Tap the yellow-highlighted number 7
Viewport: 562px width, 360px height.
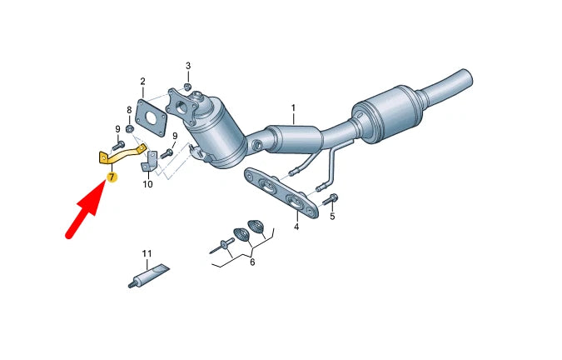(x=112, y=177)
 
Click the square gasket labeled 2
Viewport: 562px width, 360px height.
(x=151, y=115)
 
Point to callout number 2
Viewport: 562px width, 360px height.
(x=142, y=82)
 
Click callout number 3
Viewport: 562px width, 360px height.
(x=187, y=66)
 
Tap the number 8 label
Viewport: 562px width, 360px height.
(x=129, y=110)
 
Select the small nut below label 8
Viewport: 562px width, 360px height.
(x=131, y=128)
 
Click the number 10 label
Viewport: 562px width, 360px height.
(x=147, y=184)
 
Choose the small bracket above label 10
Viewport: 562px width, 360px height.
(x=149, y=162)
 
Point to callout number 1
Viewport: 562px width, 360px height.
(x=293, y=108)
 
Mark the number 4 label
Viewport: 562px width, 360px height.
(x=296, y=227)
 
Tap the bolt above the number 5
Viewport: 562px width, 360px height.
(x=331, y=199)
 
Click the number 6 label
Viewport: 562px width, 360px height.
(x=251, y=262)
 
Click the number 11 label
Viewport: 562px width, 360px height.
(x=147, y=252)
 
